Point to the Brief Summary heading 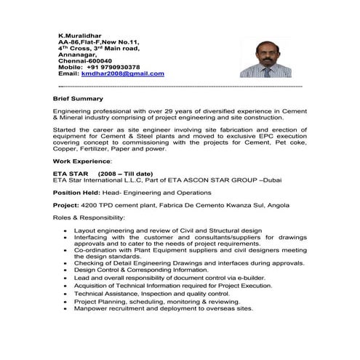tap(78, 98)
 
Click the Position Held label tap(76, 193)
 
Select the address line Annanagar tap(75, 54)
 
